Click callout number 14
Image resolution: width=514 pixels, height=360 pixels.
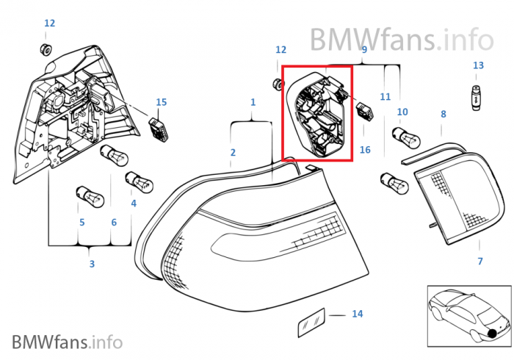(357, 314)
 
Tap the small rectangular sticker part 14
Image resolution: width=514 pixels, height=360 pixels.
(310, 321)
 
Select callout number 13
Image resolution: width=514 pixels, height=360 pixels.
(478, 65)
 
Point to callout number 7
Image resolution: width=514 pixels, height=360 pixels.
(480, 261)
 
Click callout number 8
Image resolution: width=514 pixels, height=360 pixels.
(443, 114)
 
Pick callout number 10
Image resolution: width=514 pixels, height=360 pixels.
(402, 112)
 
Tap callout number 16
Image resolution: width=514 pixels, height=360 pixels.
(365, 150)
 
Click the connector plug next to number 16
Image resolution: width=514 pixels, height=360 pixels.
(364, 111)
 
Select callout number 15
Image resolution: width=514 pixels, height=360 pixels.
(162, 101)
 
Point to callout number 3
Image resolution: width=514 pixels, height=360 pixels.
(92, 264)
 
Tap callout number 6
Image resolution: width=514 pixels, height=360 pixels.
(114, 222)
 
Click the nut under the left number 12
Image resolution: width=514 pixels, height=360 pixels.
(44, 49)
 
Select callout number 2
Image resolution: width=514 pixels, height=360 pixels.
(233, 153)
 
